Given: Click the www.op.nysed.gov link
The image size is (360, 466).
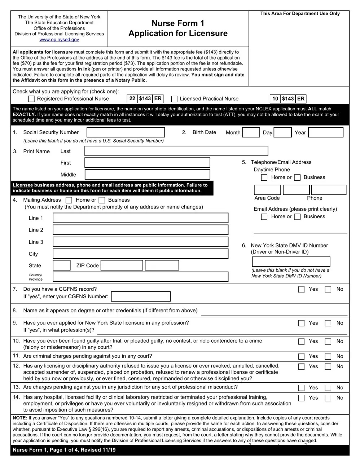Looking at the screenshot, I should pyautogui.click(x=59, y=40).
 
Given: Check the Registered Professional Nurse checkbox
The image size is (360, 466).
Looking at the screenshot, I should pyautogui.click(x=32, y=99).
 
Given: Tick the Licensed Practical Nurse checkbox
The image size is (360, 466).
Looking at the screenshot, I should pyautogui.click(x=175, y=99).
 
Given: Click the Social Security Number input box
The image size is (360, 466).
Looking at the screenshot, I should pyautogui.click(x=126, y=132).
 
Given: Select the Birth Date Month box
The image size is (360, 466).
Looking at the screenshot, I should pyautogui.click(x=251, y=132).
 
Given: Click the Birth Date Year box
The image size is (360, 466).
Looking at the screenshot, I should pyautogui.click(x=326, y=132).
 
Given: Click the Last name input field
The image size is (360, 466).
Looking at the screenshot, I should pyautogui.click(x=176, y=151).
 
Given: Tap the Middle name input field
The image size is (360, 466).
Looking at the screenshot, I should pyautogui.click(x=147, y=175).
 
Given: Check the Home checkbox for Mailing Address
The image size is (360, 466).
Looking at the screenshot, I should pyautogui.click(x=69, y=200).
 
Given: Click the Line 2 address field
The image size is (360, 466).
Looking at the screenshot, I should pyautogui.click(x=141, y=230).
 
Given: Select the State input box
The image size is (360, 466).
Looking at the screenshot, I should pyautogui.click(x=62, y=265).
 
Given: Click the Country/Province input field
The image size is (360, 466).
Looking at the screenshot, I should pyautogui.click(x=141, y=277).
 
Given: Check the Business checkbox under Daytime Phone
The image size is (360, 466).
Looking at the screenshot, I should pyautogui.click(x=297, y=177).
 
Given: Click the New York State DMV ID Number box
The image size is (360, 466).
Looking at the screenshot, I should pyautogui.click(x=291, y=261).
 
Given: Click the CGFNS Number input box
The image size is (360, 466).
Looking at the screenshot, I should pyautogui.click(x=141, y=296).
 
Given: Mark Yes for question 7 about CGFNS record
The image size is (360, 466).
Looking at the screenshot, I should pyautogui.click(x=302, y=289).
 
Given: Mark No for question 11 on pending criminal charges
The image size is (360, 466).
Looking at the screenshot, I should pyautogui.click(x=328, y=356).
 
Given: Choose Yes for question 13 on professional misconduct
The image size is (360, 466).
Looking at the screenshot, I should pyautogui.click(x=302, y=388).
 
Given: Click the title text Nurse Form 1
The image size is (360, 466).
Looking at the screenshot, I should pyautogui.click(x=178, y=23).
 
